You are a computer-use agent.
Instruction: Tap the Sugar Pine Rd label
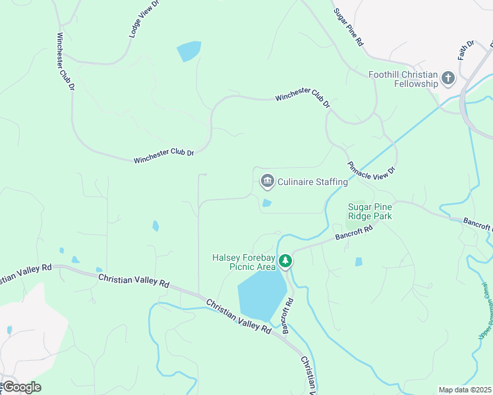coord(349,26)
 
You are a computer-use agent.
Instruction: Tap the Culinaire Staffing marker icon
coord(267,180)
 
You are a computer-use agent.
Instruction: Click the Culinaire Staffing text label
coord(312,182)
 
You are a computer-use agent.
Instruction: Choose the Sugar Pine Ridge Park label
coord(370,211)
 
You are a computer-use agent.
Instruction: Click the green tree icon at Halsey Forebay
coord(285,261)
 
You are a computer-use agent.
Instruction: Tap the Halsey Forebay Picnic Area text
coord(243,262)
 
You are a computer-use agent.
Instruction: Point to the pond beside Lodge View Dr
coord(188,51)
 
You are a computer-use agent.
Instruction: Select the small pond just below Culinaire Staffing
coord(266,203)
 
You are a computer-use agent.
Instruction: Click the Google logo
coord(21,386)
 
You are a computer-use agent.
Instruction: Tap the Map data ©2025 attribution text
coord(465,390)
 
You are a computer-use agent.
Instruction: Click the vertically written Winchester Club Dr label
coord(66,63)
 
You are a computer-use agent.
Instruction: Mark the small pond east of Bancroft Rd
coord(359,261)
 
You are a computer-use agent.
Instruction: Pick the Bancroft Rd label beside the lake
coord(288,317)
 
